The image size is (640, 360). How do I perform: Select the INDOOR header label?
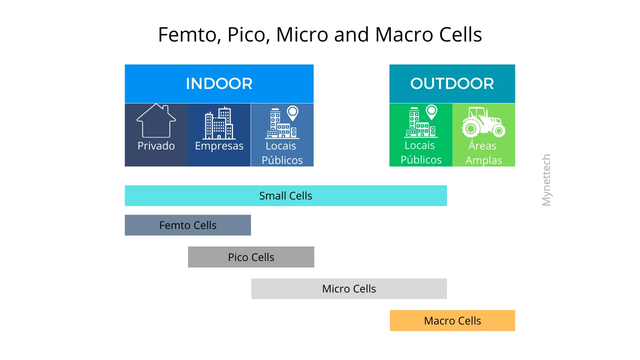click(x=219, y=83)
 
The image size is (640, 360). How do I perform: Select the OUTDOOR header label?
click(x=452, y=83)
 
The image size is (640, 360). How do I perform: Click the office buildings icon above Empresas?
click(x=219, y=123)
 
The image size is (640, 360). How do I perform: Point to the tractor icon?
click(x=483, y=122)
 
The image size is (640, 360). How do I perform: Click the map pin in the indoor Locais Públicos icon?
click(x=292, y=113)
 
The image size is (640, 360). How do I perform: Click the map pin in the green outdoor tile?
click(x=431, y=112)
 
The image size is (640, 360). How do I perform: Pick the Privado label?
click(x=156, y=146)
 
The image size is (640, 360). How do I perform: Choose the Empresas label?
click(x=219, y=146)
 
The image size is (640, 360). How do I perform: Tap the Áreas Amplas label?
click(x=483, y=153)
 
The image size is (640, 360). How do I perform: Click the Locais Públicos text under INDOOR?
click(x=282, y=153)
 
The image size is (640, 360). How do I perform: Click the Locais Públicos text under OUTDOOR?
click(x=420, y=152)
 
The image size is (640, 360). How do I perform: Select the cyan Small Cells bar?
click(x=285, y=196)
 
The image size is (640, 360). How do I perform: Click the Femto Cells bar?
click(x=187, y=225)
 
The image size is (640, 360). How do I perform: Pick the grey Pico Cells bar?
click(x=251, y=257)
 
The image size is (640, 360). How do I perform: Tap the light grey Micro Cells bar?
click(x=348, y=289)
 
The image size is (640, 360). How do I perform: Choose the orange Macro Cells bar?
click(x=452, y=321)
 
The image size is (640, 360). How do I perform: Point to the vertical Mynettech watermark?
click(x=546, y=180)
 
